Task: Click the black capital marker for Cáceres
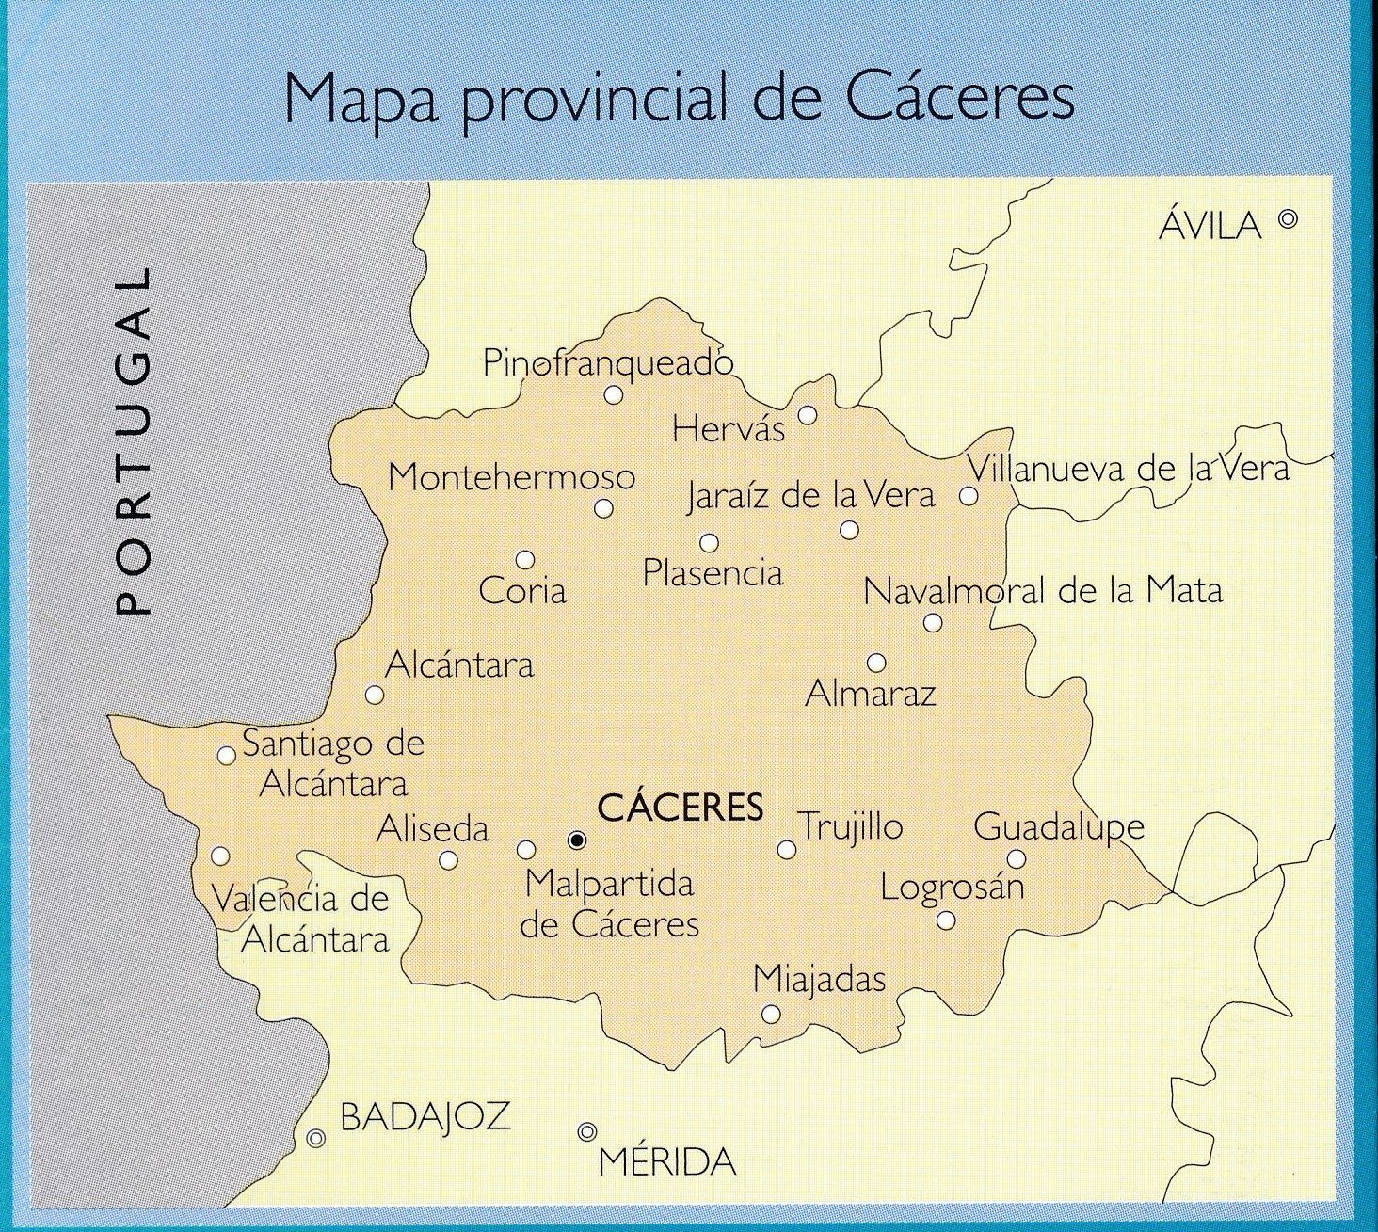pyautogui.click(x=577, y=840)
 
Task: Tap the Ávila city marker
pyautogui.click(x=1289, y=219)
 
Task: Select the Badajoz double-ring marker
pyautogui.click(x=316, y=1138)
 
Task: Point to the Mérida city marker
pyautogui.click(x=587, y=1131)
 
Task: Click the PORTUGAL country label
pyautogui.click(x=132, y=441)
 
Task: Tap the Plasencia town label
pyautogui.click(x=713, y=573)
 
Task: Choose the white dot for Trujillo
pyautogui.click(x=786, y=850)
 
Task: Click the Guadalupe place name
pyautogui.click(x=1059, y=827)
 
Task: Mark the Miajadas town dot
pyautogui.click(x=771, y=1014)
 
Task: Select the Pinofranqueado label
pyautogui.click(x=607, y=362)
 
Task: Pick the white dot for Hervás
pyautogui.click(x=808, y=415)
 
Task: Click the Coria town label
pyautogui.click(x=522, y=591)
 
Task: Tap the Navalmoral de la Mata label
pyautogui.click(x=1043, y=591)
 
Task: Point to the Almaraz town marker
pyautogui.click(x=876, y=663)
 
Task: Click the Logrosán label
pyautogui.click(x=952, y=887)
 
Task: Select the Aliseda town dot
pyautogui.click(x=448, y=859)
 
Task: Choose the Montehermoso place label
pyautogui.click(x=511, y=477)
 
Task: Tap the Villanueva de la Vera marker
pyautogui.click(x=968, y=496)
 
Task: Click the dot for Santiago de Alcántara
pyautogui.click(x=226, y=755)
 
